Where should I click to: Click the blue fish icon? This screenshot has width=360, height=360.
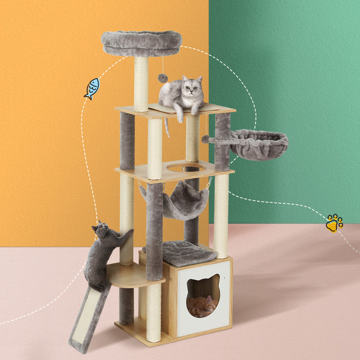(x=92, y=88)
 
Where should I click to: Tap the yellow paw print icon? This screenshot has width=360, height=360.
(x=334, y=223)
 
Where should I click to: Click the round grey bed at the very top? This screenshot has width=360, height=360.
(x=142, y=43)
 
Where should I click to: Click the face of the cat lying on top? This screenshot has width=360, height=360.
(x=192, y=88)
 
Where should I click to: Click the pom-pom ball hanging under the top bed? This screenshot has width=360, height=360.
(x=163, y=78)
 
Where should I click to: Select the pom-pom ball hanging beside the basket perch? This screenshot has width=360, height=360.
(x=205, y=139)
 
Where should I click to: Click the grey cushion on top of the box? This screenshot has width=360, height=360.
(x=186, y=253)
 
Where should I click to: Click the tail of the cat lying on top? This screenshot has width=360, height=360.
(x=167, y=127)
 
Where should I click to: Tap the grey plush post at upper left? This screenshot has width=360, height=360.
(x=127, y=141)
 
